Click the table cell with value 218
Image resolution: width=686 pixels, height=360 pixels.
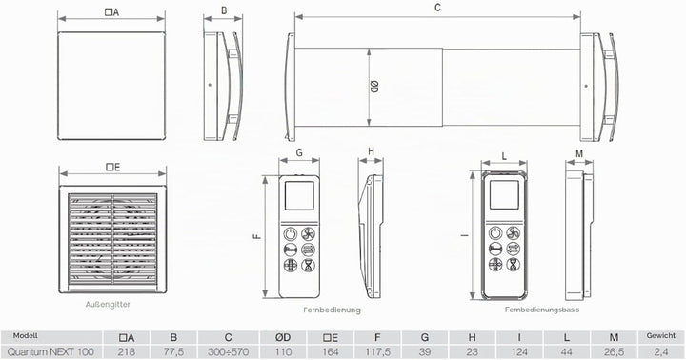(127, 351)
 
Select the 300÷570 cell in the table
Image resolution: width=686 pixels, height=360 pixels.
(228, 351)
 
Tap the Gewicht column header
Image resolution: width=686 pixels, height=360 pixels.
(660, 336)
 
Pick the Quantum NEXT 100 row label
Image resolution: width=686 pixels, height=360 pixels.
(50, 351)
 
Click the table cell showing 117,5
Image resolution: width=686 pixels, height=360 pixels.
(377, 351)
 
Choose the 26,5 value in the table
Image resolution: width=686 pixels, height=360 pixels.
(614, 351)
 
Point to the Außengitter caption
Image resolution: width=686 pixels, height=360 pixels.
(108, 305)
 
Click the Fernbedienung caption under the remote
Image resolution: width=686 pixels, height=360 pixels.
(333, 310)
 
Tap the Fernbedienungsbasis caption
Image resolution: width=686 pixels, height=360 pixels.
(542, 310)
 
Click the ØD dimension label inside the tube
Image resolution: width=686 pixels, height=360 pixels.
(374, 87)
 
